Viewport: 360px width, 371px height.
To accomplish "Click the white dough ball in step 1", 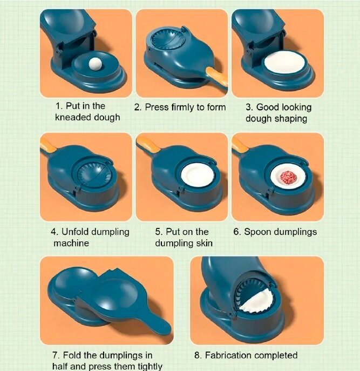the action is (x=95, y=64).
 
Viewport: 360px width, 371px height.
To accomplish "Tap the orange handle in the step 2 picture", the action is (x=217, y=77).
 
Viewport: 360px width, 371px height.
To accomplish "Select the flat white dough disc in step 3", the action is (x=285, y=63).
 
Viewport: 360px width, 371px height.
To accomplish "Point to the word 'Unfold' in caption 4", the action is (x=75, y=232).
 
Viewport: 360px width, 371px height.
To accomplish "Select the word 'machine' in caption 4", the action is (x=71, y=243).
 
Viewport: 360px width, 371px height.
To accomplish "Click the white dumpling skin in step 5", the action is (x=197, y=175).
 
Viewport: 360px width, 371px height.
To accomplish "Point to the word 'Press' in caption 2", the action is (x=157, y=107).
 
